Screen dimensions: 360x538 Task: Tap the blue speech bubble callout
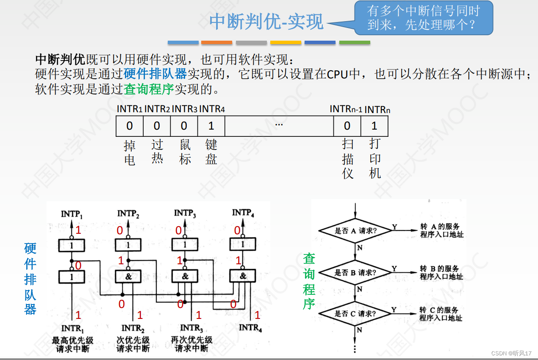tap(424, 18)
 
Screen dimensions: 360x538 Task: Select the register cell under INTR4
tap(211, 126)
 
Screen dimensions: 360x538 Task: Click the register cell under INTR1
tap(130, 126)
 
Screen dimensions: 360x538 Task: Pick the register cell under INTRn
tap(374, 126)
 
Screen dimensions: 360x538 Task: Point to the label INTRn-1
tap(346, 109)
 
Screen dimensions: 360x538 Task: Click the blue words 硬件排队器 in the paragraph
tap(155, 74)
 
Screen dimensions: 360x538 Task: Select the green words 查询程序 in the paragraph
tap(149, 89)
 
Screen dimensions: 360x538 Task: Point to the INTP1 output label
tap(72, 214)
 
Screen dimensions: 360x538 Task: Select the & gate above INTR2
tap(128, 277)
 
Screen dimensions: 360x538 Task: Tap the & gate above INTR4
tap(243, 276)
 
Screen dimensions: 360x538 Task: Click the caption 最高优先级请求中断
tap(72, 344)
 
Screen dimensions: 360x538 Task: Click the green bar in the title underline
tap(355, 43)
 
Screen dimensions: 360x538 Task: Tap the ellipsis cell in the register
tap(279, 126)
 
